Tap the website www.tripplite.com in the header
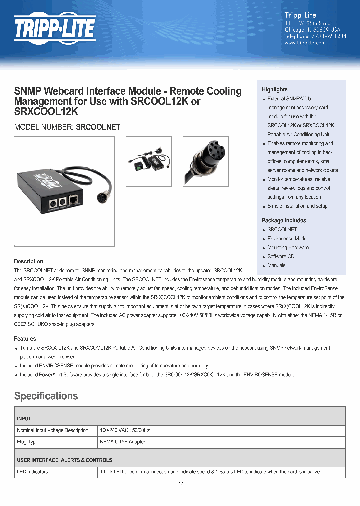(305, 43)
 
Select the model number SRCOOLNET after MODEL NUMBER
(98, 127)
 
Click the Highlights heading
(274, 89)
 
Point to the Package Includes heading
(284, 220)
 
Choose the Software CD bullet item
(281, 256)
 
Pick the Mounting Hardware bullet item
(288, 247)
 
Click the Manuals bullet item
(276, 265)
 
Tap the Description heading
(28, 261)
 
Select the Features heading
(25, 339)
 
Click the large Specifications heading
(46, 396)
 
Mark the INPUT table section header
(24, 418)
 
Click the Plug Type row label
(28, 442)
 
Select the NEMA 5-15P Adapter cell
(122, 442)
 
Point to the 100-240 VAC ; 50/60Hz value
(125, 430)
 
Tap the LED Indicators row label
(33, 472)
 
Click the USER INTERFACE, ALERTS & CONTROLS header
(64, 460)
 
